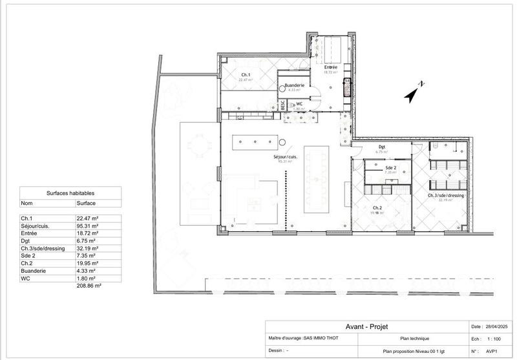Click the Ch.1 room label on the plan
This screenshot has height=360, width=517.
(246, 75)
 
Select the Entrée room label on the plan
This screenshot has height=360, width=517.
(331, 68)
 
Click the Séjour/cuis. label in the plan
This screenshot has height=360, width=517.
(285, 157)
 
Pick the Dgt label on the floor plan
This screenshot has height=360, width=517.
(382, 147)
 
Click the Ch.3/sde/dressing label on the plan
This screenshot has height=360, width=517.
(447, 195)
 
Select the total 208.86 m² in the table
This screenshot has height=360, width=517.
(90, 284)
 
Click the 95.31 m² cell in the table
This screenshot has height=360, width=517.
(90, 226)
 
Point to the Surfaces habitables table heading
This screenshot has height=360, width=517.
(70, 193)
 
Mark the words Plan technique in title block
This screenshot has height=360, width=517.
(414, 338)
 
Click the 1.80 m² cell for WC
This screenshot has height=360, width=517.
(89, 278)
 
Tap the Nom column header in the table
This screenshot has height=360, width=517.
(28, 203)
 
